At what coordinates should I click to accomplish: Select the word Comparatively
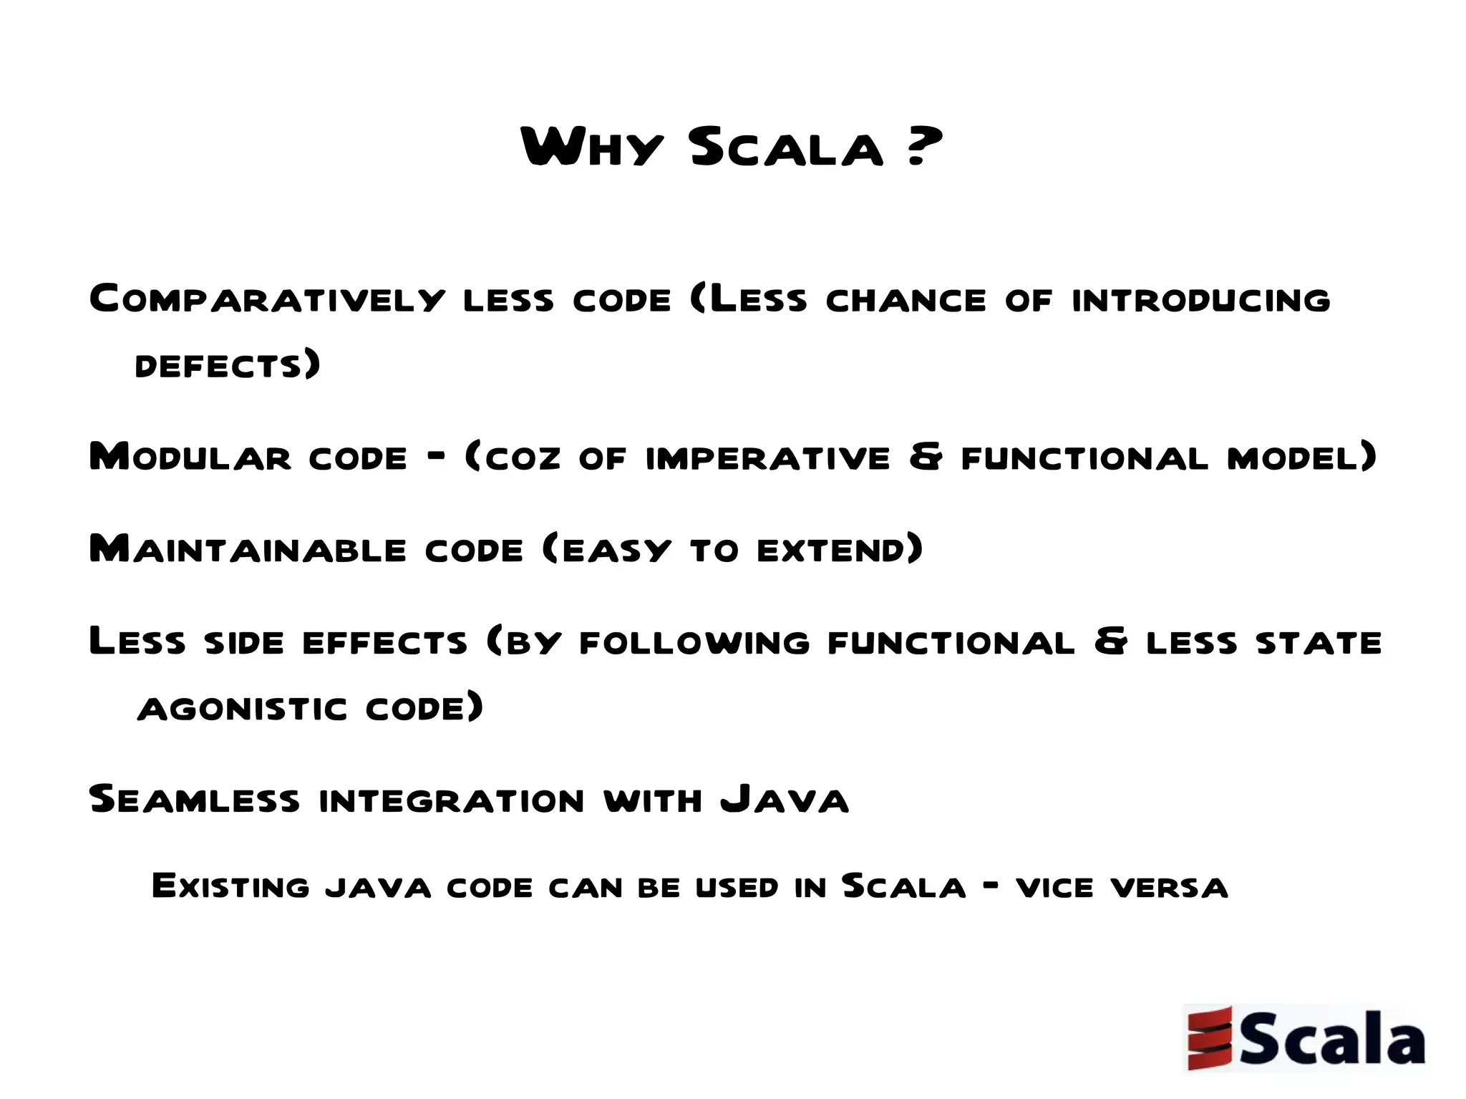pyautogui.click(x=267, y=299)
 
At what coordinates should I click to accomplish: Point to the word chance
pyautogui.click(x=906, y=300)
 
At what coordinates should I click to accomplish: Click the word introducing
pyautogui.click(x=1201, y=300)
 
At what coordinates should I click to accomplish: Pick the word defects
pyautogui.click(x=219, y=366)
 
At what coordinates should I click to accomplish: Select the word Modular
pyautogui.click(x=190, y=457)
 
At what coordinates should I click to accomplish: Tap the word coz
pyautogui.click(x=523, y=458)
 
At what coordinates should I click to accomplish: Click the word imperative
pyautogui.click(x=767, y=458)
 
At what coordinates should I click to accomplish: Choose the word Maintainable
pyautogui.click(x=248, y=549)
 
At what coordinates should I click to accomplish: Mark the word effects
pyautogui.click(x=384, y=642)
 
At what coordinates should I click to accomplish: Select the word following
pyautogui.click(x=694, y=642)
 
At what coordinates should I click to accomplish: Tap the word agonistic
pyautogui.click(x=242, y=709)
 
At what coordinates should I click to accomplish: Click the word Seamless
pyautogui.click(x=194, y=799)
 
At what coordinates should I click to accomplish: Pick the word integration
pyautogui.click(x=452, y=800)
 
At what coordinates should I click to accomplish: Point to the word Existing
pyautogui.click(x=230, y=887)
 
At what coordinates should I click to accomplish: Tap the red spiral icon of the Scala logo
pyautogui.click(x=1209, y=1038)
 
